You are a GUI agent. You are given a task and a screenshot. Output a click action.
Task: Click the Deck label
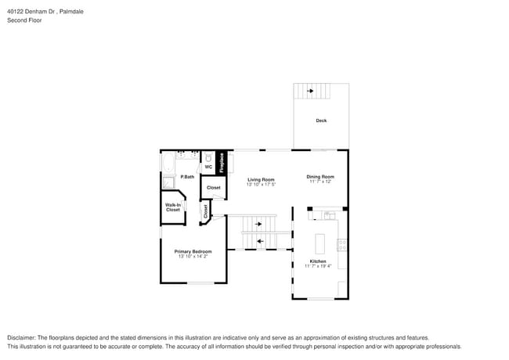[321, 121]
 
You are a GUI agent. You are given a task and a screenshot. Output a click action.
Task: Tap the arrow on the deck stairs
[312, 92]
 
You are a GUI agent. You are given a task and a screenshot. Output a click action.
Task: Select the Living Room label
[261, 179]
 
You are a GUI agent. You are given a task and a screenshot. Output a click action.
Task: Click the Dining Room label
[320, 176]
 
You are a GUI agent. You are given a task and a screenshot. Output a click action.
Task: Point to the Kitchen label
[318, 261]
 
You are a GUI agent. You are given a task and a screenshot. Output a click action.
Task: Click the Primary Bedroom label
[193, 251]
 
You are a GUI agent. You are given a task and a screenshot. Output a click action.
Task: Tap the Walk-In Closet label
[173, 207]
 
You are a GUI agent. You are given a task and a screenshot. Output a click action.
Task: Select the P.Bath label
[187, 177]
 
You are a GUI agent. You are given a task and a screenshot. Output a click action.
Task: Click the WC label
[208, 167]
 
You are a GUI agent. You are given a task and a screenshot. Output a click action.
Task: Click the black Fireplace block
[222, 162]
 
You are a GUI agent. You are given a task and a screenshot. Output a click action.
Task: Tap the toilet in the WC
[208, 157]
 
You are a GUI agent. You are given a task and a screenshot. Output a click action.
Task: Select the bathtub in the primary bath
[168, 164]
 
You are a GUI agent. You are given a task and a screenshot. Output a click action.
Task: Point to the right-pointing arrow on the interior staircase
[259, 225]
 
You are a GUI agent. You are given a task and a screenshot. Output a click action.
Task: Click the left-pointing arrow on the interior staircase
[259, 240]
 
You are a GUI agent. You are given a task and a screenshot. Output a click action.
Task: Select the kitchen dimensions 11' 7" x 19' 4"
[318, 266]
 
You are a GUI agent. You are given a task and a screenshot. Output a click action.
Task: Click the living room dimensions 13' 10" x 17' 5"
[261, 185]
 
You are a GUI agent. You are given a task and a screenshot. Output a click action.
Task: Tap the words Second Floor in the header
[24, 20]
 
